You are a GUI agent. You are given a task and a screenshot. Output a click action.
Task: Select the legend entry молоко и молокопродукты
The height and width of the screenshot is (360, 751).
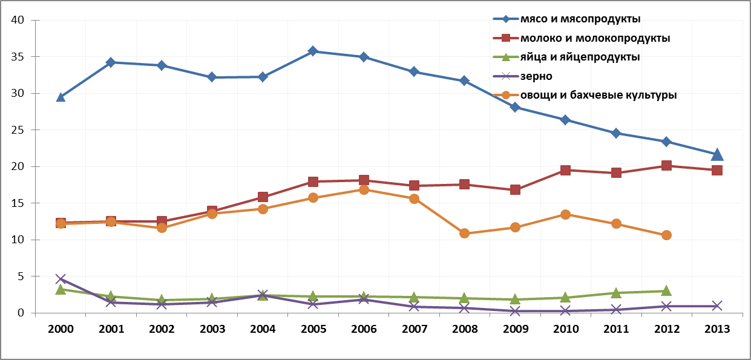coord(595,38)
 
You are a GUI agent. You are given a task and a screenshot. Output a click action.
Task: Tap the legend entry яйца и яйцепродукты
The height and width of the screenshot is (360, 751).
coord(580,57)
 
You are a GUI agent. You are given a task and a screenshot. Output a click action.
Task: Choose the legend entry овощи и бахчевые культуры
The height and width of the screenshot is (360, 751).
coord(598,95)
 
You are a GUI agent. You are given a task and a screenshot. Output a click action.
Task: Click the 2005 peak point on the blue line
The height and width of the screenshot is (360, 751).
coord(313,51)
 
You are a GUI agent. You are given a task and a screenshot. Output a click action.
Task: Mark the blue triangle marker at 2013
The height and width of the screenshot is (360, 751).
coord(717,154)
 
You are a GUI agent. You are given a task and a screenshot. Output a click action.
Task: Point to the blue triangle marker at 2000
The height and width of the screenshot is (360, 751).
coord(61,97)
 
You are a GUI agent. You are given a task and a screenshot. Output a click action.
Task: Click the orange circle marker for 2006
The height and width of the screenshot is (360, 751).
coord(364,189)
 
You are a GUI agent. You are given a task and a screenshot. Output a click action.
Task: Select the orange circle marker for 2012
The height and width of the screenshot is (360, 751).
coord(666,235)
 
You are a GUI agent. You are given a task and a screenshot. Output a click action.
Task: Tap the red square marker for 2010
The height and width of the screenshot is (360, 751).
coord(565,170)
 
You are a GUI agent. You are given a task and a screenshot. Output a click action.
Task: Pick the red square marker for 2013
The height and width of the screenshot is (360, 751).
coord(717,170)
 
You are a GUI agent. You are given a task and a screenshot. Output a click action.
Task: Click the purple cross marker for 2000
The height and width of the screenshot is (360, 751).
coord(61,279)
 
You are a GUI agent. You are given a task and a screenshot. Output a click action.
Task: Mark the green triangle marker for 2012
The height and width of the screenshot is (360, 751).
coord(666,290)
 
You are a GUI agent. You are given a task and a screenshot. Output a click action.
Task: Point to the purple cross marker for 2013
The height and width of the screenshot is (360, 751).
coord(717,306)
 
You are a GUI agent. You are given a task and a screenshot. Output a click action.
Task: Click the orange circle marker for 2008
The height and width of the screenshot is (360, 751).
coord(465,233)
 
